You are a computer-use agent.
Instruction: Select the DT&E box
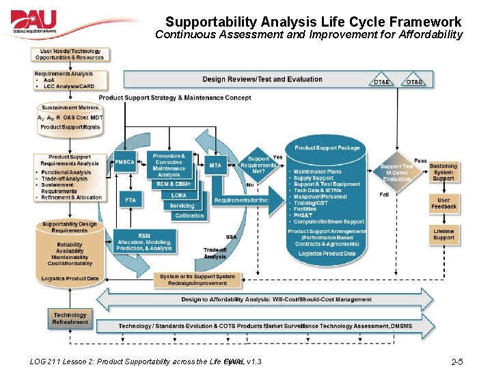coord(382,82)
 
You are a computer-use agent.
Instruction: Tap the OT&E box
coord(414,82)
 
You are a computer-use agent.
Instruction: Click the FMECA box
coord(125,163)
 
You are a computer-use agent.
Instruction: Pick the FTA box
coord(130,200)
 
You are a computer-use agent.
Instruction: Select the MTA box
coord(215,165)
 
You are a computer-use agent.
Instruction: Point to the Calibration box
coord(189,215)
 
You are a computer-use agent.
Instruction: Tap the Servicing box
coord(182,205)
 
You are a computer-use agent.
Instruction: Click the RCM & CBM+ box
coord(174,184)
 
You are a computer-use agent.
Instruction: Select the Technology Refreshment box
coord(70,318)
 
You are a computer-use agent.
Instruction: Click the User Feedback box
coord(443,204)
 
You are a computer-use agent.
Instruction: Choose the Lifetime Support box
coord(443,234)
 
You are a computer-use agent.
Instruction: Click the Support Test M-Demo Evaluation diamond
coord(397,172)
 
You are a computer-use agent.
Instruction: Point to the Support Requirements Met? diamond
coord(258,165)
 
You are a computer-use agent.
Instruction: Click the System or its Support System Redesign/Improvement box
coord(197,280)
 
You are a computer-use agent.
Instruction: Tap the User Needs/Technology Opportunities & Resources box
coord(71,54)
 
